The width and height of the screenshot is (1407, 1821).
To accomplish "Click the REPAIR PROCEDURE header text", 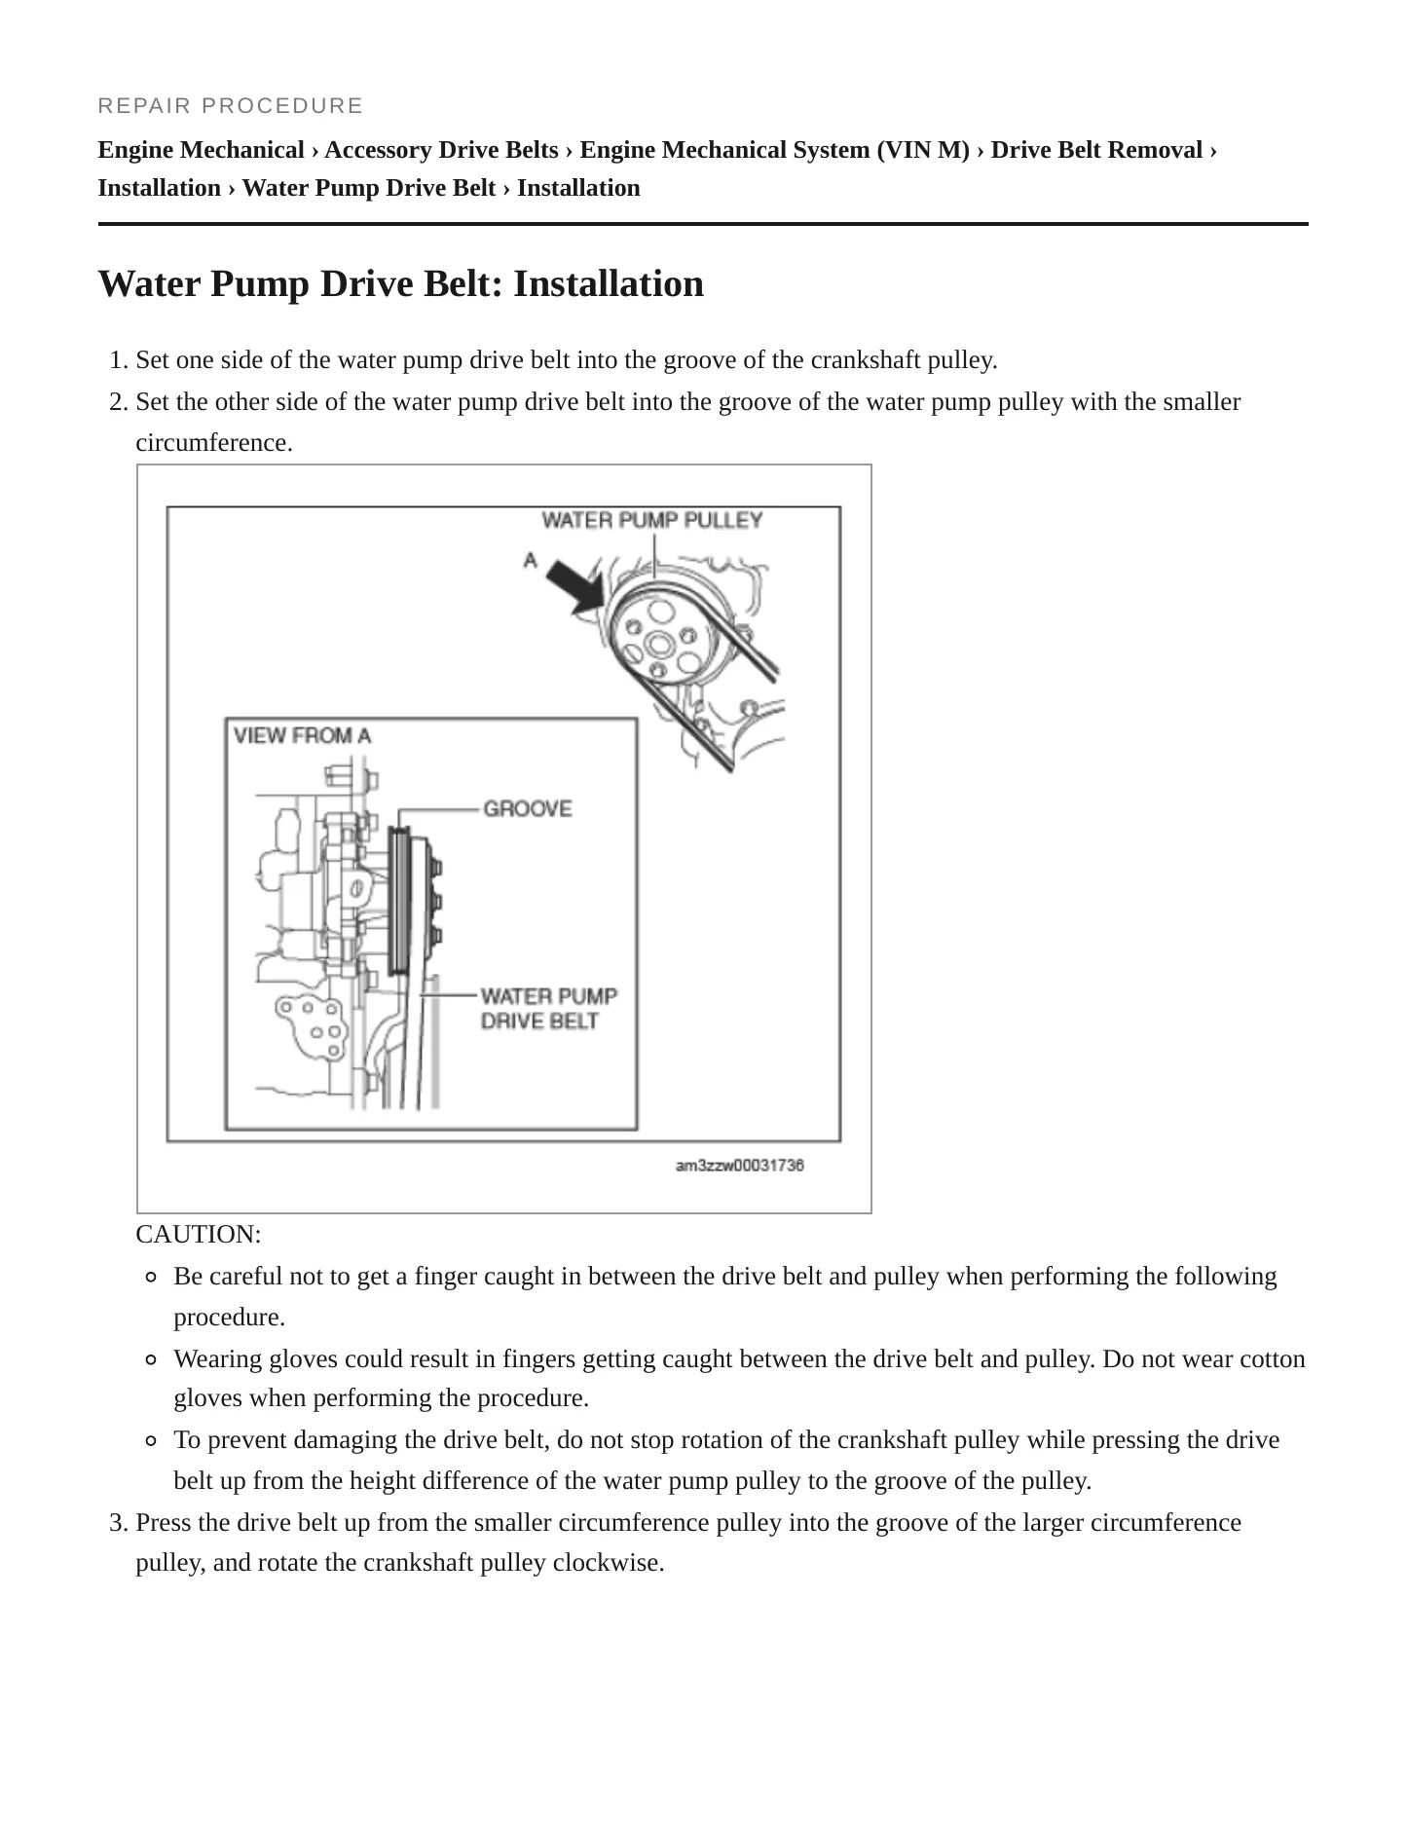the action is click(230, 105).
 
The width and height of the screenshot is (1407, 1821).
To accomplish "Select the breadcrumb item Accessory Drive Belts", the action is click(441, 150).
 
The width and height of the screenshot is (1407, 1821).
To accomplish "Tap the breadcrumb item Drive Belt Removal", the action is click(1096, 150).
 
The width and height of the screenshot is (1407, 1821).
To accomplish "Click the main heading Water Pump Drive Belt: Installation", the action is click(401, 283).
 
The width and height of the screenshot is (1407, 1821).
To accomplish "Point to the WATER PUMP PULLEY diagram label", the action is click(652, 520).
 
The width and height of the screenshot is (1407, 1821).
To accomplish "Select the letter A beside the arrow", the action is click(531, 560).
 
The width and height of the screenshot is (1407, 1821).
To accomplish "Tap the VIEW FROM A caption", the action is click(303, 735).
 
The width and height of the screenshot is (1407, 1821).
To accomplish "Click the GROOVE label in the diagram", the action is click(528, 808).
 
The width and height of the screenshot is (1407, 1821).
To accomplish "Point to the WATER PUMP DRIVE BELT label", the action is click(549, 1008).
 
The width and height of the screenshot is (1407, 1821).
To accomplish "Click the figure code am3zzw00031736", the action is click(740, 1166).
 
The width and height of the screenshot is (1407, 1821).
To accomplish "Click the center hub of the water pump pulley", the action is click(658, 643).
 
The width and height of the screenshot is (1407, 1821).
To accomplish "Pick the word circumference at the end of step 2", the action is click(214, 443).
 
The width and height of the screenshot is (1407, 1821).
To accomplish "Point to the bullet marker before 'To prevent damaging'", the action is click(151, 1441).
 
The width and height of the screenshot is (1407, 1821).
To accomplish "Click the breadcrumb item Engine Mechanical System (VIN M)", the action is click(775, 150).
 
